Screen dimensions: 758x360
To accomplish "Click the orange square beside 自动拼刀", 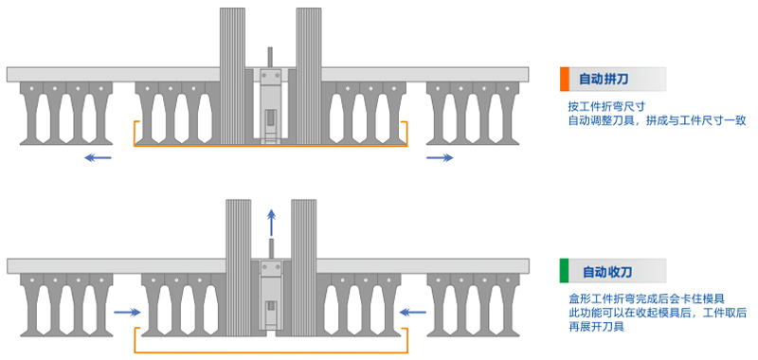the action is (x=564, y=80).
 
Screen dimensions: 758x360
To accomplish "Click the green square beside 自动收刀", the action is (x=564, y=271).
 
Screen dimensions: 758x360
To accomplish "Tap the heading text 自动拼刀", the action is (x=604, y=80).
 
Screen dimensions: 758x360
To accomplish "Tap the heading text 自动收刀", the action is (x=607, y=272).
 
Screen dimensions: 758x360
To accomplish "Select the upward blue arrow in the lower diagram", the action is (x=272, y=223).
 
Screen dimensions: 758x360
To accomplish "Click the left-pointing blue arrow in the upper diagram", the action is (x=98, y=157).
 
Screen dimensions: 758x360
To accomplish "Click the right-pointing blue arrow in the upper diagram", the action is (x=440, y=157).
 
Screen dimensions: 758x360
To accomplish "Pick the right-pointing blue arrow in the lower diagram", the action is (x=127, y=313).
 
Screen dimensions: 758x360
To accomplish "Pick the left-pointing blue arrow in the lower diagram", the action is (x=413, y=313).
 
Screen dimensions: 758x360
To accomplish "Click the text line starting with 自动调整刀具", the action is (x=657, y=119).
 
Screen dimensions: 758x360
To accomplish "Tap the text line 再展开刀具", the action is (x=596, y=326).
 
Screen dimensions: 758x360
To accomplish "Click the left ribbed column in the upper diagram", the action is (x=232, y=76).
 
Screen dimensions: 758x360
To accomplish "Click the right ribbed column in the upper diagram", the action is (x=309, y=76).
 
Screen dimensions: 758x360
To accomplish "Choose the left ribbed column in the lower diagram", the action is (x=239, y=268).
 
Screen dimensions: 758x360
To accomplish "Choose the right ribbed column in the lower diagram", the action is (x=303, y=268).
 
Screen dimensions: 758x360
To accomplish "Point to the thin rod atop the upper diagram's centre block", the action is (x=270, y=58).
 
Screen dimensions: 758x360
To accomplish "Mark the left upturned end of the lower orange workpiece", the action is (x=136, y=334).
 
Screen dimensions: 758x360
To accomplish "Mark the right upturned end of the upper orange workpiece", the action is (x=406, y=132).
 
